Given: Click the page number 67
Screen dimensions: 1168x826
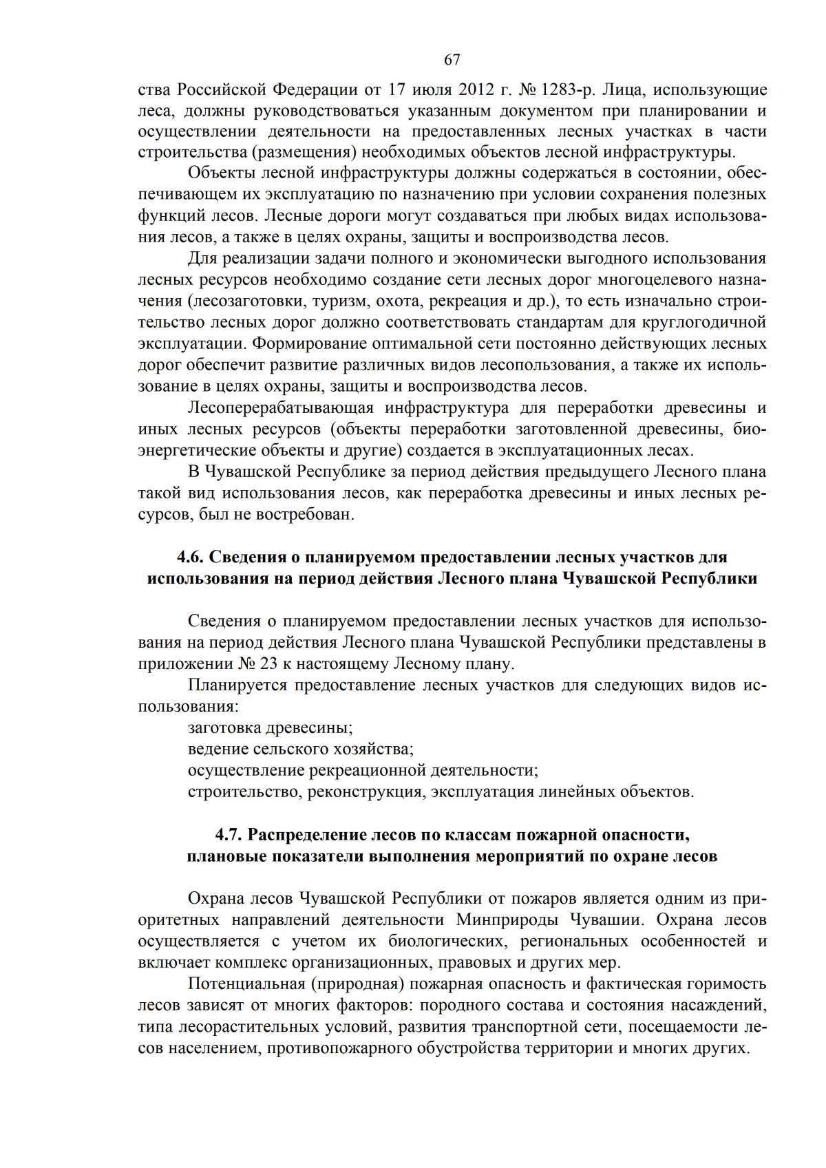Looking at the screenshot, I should [452, 60].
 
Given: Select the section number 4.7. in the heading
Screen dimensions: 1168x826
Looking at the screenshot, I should [229, 835].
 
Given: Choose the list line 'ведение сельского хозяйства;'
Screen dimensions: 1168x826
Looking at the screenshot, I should [300, 749].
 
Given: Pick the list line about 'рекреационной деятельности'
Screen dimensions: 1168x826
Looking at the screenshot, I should [363, 769].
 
